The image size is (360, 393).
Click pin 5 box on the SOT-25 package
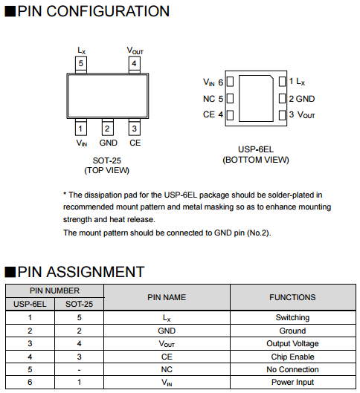point(81,64)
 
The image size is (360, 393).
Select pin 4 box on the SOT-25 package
point(134,64)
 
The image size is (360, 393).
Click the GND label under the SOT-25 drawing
point(109,143)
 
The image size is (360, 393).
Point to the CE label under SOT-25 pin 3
point(135,143)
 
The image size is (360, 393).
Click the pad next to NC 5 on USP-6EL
point(230,99)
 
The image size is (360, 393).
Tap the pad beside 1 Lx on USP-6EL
point(282,82)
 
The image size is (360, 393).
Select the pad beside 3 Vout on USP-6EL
point(282,115)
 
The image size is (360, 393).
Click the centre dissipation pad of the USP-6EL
point(256,99)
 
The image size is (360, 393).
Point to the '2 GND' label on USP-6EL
point(302,99)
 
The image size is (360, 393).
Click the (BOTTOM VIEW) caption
point(256,160)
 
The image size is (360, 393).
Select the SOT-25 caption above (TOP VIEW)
point(107,160)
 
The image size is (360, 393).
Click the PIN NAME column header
point(167,297)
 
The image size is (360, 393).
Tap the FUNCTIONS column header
point(292,297)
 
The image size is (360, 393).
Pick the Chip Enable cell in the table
point(292,357)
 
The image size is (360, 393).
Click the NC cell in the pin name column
point(167,369)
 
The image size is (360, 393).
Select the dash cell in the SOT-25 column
point(80,370)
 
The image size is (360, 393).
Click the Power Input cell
point(292,382)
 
